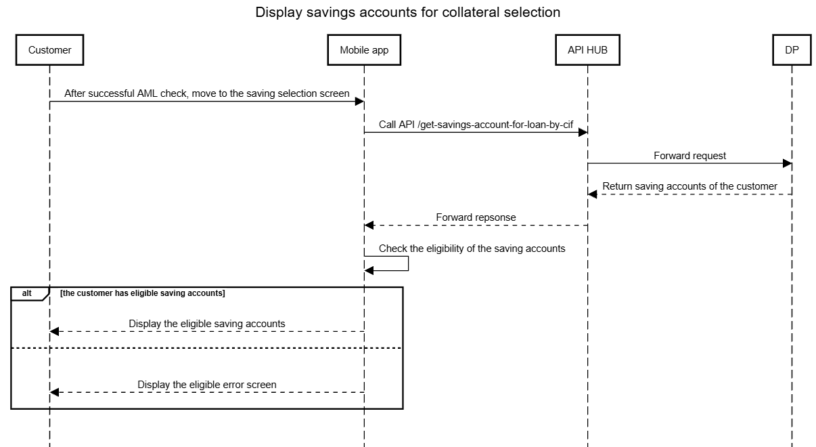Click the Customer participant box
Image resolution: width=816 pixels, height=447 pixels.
(49, 50)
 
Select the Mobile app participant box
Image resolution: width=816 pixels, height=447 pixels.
(364, 50)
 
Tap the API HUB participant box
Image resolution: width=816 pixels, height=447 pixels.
(587, 50)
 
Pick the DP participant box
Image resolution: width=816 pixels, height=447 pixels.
(792, 50)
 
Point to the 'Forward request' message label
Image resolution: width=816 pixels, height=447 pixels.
(689, 156)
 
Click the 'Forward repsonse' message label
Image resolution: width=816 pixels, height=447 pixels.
(476, 217)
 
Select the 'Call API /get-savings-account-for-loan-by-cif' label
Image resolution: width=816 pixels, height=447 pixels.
(476, 125)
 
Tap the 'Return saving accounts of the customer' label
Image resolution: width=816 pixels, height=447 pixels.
(689, 186)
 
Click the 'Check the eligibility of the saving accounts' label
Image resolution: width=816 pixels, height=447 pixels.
(472, 249)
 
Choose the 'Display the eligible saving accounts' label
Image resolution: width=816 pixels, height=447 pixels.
(206, 324)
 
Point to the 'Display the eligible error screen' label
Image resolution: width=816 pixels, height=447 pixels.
(206, 385)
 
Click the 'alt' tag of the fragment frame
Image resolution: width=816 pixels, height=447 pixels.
(26, 293)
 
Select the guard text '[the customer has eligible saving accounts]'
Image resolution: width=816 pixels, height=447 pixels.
(143, 293)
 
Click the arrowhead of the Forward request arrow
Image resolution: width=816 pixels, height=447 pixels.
(787, 163)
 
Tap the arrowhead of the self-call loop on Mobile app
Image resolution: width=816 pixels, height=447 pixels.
(369, 270)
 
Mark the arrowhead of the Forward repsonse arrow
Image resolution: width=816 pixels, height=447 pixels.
(369, 226)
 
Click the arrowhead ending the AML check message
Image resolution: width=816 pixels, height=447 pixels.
(359, 102)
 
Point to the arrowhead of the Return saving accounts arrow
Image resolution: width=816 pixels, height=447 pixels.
(592, 194)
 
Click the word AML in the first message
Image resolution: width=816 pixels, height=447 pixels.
(148, 93)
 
